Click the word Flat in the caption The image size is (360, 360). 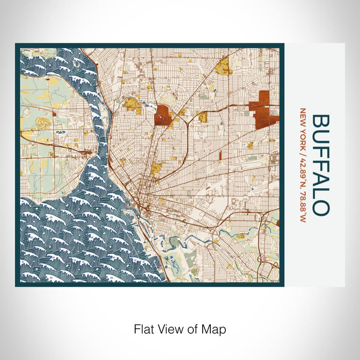click(144, 328)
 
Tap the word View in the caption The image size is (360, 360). click(170, 328)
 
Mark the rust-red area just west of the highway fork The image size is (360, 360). click(164, 115)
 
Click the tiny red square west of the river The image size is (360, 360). click(54, 112)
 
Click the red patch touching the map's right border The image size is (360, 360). click(278, 223)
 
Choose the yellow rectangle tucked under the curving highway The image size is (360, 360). click(203, 118)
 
